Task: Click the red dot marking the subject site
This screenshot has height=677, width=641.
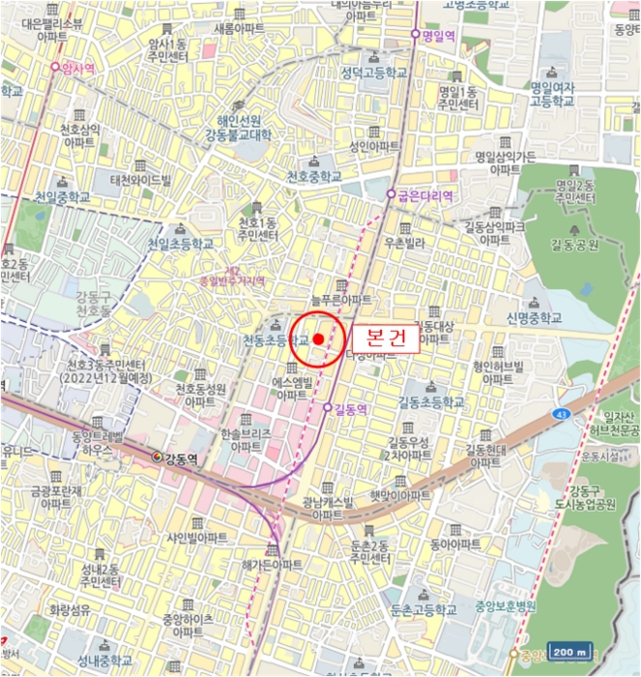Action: [318, 338]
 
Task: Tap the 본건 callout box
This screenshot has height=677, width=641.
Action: [385, 338]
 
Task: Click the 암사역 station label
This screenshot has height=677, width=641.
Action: [77, 69]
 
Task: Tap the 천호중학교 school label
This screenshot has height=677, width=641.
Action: [314, 176]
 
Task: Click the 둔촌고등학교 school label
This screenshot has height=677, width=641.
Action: [422, 609]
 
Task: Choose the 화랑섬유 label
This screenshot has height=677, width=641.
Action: [71, 610]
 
